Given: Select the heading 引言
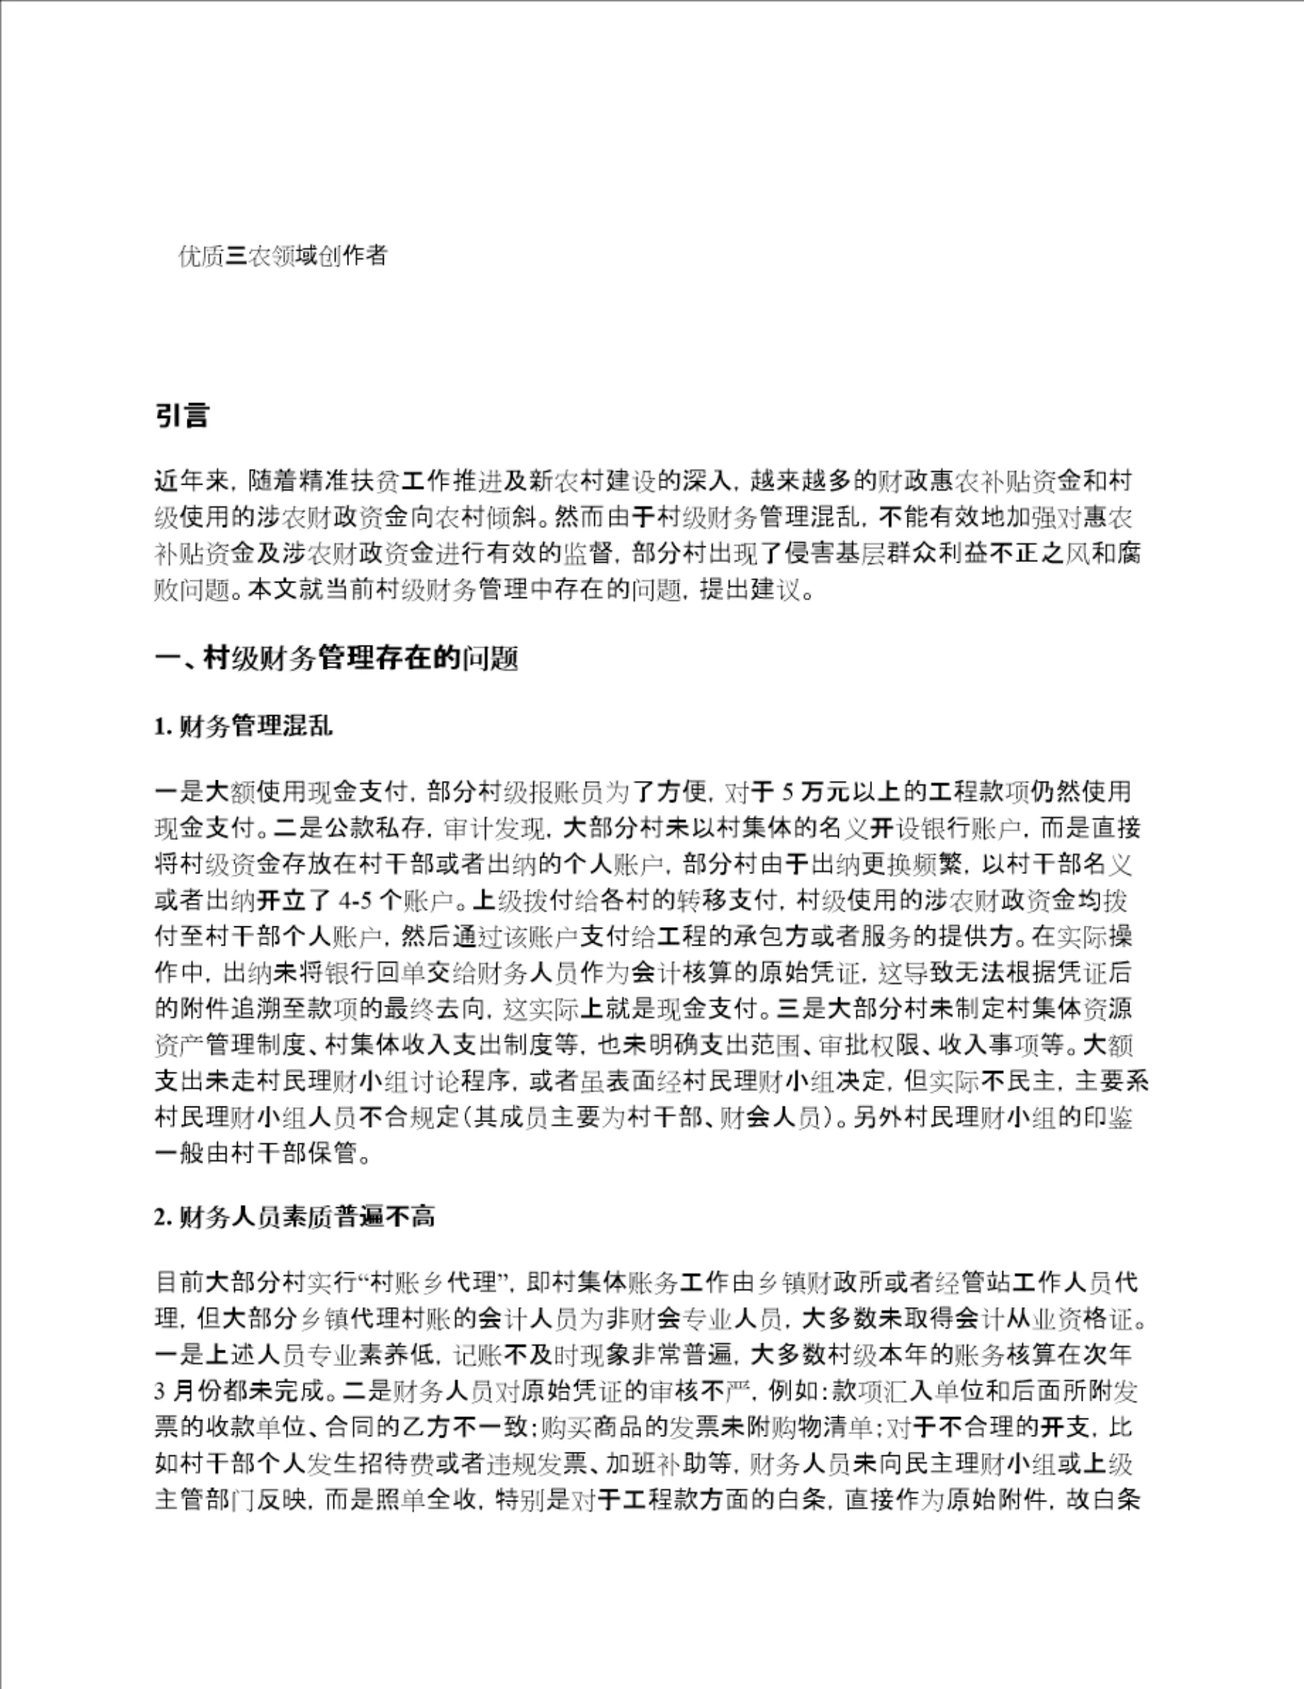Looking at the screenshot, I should [x=181, y=416].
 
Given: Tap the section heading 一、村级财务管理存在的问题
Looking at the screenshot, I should [x=336, y=658].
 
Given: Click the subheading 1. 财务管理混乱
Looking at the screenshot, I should [x=244, y=727].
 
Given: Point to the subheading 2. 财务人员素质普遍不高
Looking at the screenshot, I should [x=295, y=1217].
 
